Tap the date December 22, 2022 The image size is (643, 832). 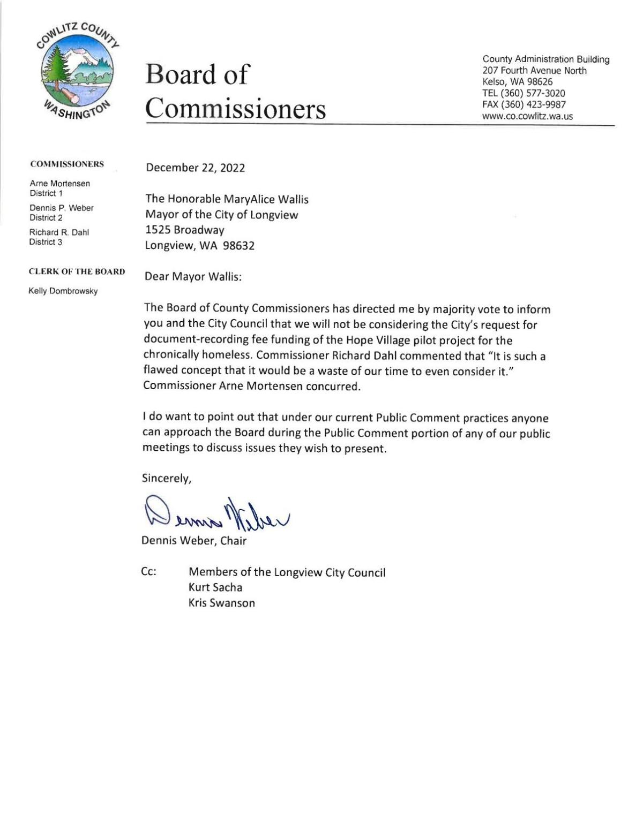tap(195, 168)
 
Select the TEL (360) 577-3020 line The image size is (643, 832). tap(523, 93)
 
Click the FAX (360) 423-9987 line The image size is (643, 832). tap(524, 104)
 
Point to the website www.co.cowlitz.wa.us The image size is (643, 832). tap(527, 116)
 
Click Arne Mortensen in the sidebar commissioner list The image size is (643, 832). tap(59, 183)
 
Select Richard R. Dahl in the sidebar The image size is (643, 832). tap(58, 232)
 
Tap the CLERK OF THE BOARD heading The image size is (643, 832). tap(77, 271)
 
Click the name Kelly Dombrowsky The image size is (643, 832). tap(63, 291)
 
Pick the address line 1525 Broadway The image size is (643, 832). tap(185, 230)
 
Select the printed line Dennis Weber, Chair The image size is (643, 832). tap(193, 541)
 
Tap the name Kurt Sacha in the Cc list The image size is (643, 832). tap(215, 587)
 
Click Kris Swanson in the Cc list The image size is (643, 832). tap(221, 603)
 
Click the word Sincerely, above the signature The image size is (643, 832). tap(166, 479)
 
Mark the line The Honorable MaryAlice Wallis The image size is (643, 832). tap(227, 199)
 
